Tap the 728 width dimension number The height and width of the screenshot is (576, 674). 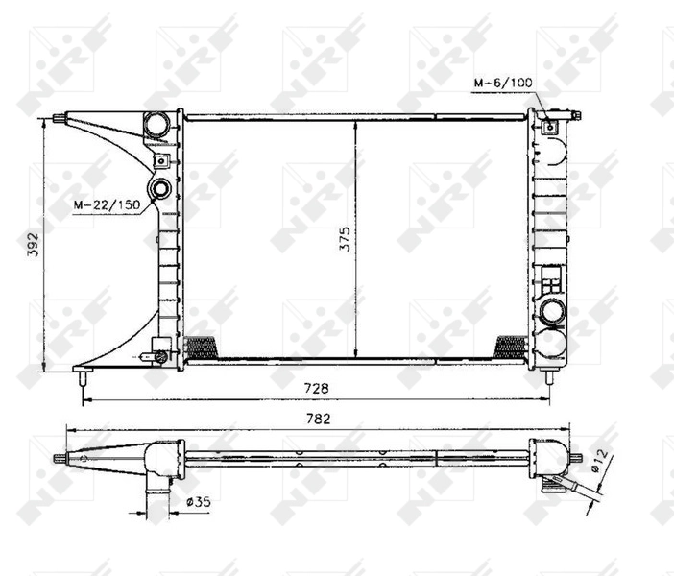point(318,388)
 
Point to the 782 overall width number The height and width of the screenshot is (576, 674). point(318,419)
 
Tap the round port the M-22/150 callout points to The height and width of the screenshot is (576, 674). point(160,188)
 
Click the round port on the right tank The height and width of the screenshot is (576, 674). point(552,311)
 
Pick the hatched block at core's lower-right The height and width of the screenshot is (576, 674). point(509,346)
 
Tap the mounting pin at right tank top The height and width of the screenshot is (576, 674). point(578,116)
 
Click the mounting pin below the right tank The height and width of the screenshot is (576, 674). point(549,376)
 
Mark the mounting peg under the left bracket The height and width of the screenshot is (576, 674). point(79,378)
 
